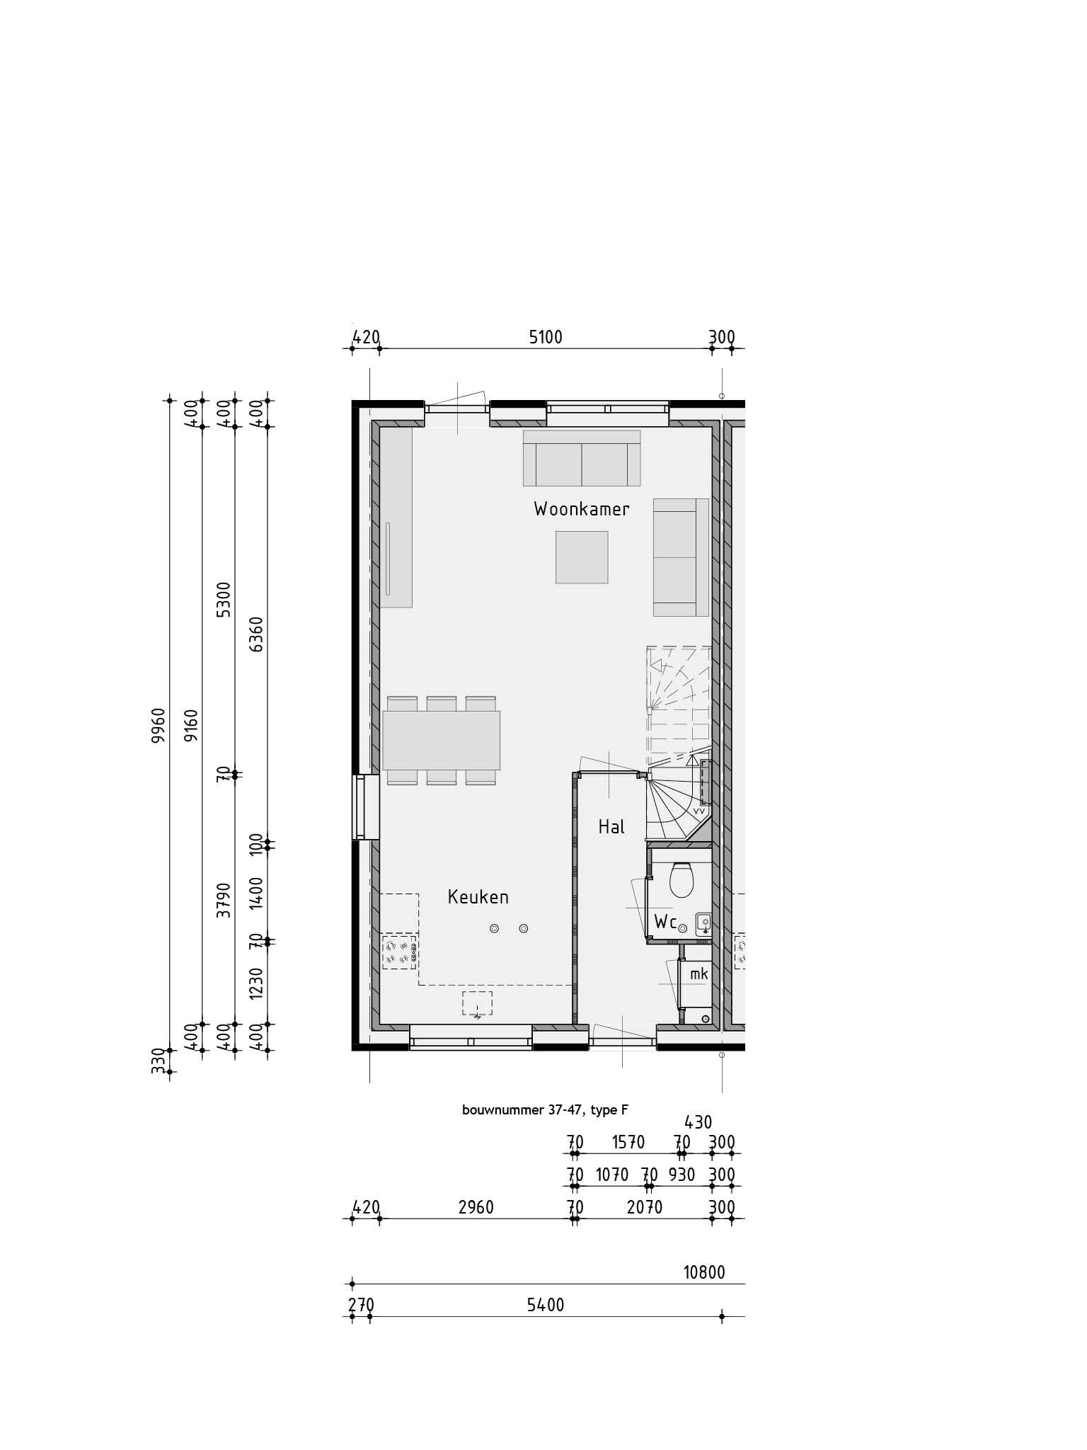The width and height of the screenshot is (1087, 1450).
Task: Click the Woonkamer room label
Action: pos(582,509)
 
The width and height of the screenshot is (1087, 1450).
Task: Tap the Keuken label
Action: pos(478,897)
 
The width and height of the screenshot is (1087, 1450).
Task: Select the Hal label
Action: pos(611,826)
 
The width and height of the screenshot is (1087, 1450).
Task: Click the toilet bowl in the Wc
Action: pos(682,880)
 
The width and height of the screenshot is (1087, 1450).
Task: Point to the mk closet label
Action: pos(699,974)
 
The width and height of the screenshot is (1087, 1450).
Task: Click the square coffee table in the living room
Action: pos(582,557)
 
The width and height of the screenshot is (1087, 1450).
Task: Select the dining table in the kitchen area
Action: pos(442,740)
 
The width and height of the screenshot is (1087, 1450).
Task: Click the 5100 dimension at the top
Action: pos(546,337)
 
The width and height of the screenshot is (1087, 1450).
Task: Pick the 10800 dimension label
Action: pos(704,1273)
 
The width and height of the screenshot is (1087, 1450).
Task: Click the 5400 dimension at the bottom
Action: pos(546,1305)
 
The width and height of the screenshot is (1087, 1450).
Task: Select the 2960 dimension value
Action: pos(476,1207)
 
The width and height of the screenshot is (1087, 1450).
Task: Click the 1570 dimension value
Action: pos(628,1142)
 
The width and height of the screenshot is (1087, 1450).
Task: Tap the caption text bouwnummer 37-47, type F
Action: pos(545,1110)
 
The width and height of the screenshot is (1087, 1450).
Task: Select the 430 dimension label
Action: pos(698,1121)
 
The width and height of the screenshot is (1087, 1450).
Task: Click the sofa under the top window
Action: pos(582,458)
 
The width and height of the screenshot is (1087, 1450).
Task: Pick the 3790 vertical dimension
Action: pos(224,900)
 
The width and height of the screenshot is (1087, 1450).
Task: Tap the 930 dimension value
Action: pos(681,1175)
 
